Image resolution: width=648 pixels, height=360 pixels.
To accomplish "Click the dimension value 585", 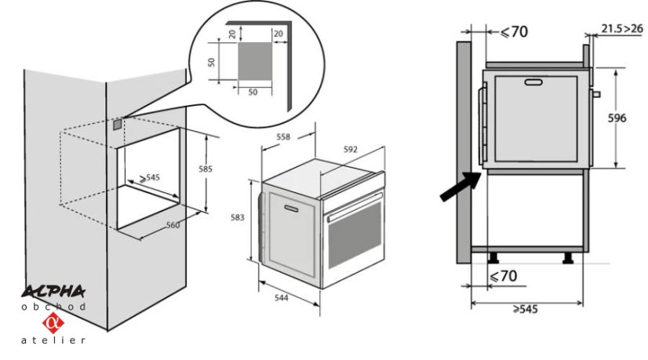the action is (x=206, y=169).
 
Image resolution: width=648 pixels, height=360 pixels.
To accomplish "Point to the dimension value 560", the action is (x=173, y=225).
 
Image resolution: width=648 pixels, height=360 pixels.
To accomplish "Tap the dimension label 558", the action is (x=283, y=137).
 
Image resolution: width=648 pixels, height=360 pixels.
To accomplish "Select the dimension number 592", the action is (x=350, y=149).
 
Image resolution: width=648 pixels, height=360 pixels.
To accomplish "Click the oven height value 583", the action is (x=237, y=217).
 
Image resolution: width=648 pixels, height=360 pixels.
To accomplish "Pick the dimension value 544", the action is (x=282, y=297).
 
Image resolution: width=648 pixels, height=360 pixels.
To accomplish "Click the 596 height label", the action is (x=617, y=118).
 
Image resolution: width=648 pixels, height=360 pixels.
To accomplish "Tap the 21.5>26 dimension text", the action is (x=622, y=28).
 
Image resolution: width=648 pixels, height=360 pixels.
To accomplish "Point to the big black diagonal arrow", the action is (x=461, y=187).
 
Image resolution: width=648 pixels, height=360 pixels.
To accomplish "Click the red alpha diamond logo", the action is (x=53, y=323).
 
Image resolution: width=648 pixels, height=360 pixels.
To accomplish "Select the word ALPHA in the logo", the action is (x=53, y=292).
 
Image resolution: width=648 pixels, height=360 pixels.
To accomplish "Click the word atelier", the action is (x=53, y=340).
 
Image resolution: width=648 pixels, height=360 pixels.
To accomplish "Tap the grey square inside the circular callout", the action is (x=255, y=61).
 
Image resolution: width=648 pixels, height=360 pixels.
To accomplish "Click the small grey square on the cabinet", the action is (x=118, y=124).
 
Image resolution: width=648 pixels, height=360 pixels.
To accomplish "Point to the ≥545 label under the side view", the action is (x=526, y=309).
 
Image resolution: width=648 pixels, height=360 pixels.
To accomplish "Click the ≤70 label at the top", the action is (x=514, y=31).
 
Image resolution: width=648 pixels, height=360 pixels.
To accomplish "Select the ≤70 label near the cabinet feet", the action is (x=504, y=275).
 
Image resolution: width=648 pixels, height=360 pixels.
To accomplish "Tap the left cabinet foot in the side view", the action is (x=493, y=258).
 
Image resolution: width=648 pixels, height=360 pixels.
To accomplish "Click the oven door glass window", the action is (x=355, y=235).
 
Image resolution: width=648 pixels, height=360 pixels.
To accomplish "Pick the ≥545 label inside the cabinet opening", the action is (x=149, y=178).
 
